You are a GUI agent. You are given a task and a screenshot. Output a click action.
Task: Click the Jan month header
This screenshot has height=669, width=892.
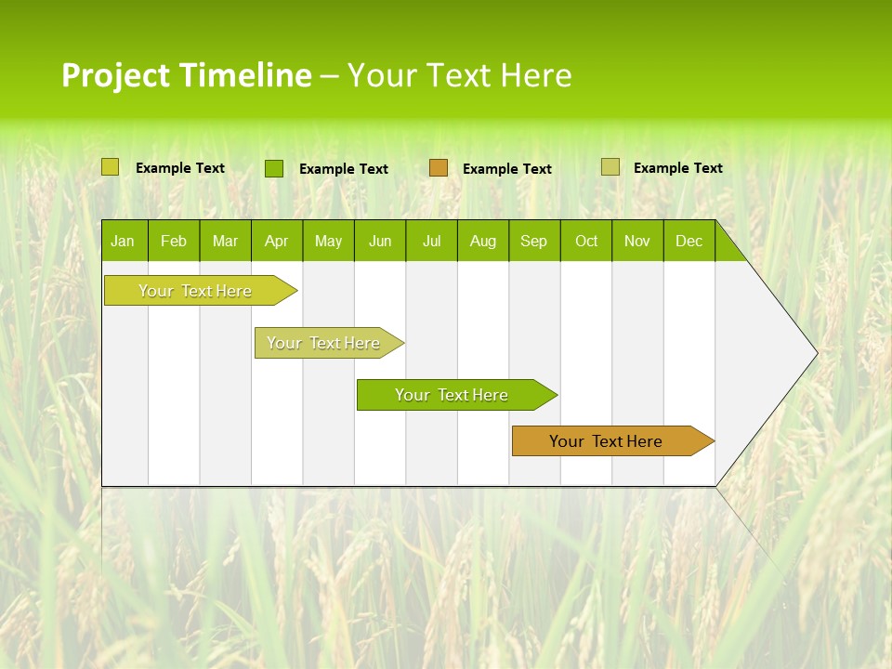pos(123,241)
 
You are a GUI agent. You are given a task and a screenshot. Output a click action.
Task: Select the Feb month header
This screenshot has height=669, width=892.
pos(174,241)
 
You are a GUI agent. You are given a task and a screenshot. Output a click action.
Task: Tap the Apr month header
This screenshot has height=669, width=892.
pos(276,241)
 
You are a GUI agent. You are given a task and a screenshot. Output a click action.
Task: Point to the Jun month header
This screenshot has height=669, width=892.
pos(380,241)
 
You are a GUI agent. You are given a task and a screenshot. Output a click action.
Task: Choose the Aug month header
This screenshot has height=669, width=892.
pos(483,241)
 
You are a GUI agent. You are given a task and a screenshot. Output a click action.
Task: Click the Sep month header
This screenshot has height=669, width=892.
pos(534,241)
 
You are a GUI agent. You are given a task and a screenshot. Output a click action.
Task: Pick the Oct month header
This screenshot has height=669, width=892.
pos(586,241)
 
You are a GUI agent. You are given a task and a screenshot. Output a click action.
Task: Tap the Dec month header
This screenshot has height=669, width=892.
pos(689,241)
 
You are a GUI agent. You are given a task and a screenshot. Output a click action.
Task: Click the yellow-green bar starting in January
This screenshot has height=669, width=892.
pos(196,291)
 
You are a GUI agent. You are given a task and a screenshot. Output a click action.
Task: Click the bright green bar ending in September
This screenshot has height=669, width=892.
pos(453,395)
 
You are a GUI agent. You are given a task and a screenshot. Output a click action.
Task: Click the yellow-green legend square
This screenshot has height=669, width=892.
pos(111,167)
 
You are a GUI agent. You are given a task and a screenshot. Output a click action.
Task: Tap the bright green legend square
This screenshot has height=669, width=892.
pos(274,168)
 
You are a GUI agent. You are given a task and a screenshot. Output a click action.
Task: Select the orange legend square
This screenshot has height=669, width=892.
pos(439,167)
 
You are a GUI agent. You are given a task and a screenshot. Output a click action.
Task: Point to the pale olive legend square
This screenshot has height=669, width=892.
pos(610,167)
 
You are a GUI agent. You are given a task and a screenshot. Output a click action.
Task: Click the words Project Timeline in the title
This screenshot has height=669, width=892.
pos(187,75)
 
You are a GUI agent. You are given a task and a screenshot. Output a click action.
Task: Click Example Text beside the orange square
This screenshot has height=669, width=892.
pos(507,168)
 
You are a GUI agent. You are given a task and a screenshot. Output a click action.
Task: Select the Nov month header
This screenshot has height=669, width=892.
pos(637,241)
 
